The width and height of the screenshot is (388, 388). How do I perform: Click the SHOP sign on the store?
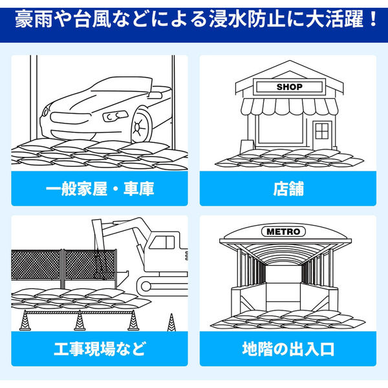pyautogui.click(x=289, y=86)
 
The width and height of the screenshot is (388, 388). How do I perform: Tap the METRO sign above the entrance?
pyautogui.click(x=289, y=231)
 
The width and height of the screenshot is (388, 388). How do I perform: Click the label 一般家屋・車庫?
pyautogui.click(x=99, y=189)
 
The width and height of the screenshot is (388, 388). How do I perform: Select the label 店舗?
pyautogui.click(x=288, y=189)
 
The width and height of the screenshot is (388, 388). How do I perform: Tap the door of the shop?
pyautogui.click(x=321, y=134)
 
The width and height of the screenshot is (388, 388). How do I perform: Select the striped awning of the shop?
pyautogui.click(x=288, y=107)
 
